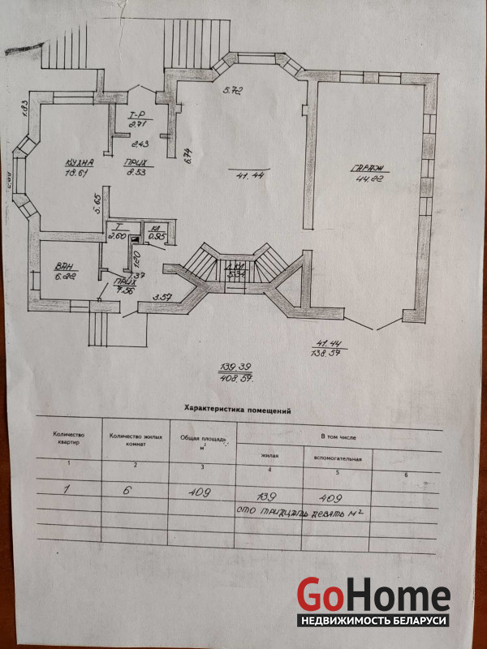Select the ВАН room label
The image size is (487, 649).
coord(65,265)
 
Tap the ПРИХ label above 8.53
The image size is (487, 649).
coord(135,162)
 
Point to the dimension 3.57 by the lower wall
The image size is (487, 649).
coord(162,296)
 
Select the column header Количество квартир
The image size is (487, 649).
coord(68,439)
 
